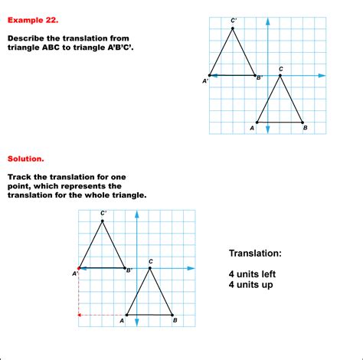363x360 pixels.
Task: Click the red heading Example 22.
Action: [x=33, y=20]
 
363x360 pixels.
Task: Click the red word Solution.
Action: [x=26, y=159]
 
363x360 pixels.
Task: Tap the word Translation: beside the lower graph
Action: [x=255, y=254]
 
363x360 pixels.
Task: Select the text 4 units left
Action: [x=252, y=274]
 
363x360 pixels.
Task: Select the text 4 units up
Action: [x=251, y=285]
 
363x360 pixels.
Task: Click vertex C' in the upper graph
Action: [x=233, y=28]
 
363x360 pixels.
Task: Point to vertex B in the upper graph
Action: [x=302, y=123]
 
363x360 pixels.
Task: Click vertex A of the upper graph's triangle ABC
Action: [x=257, y=123]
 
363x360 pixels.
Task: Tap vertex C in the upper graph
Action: [x=280, y=76]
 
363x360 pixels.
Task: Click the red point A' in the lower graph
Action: [x=79, y=268]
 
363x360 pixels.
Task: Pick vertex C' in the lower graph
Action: [x=103, y=221]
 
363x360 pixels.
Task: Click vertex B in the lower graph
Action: [x=172, y=315]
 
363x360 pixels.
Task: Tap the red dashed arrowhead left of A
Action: [x=79, y=315]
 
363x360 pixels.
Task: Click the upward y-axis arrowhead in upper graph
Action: [x=268, y=21]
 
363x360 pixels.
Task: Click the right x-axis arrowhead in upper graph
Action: [x=322, y=76]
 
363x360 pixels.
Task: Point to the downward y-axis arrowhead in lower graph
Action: [x=137, y=322]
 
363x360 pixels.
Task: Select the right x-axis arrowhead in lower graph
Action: [x=191, y=268]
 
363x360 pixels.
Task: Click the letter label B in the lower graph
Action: [x=175, y=320]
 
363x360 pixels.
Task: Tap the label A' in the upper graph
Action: [x=205, y=81]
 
